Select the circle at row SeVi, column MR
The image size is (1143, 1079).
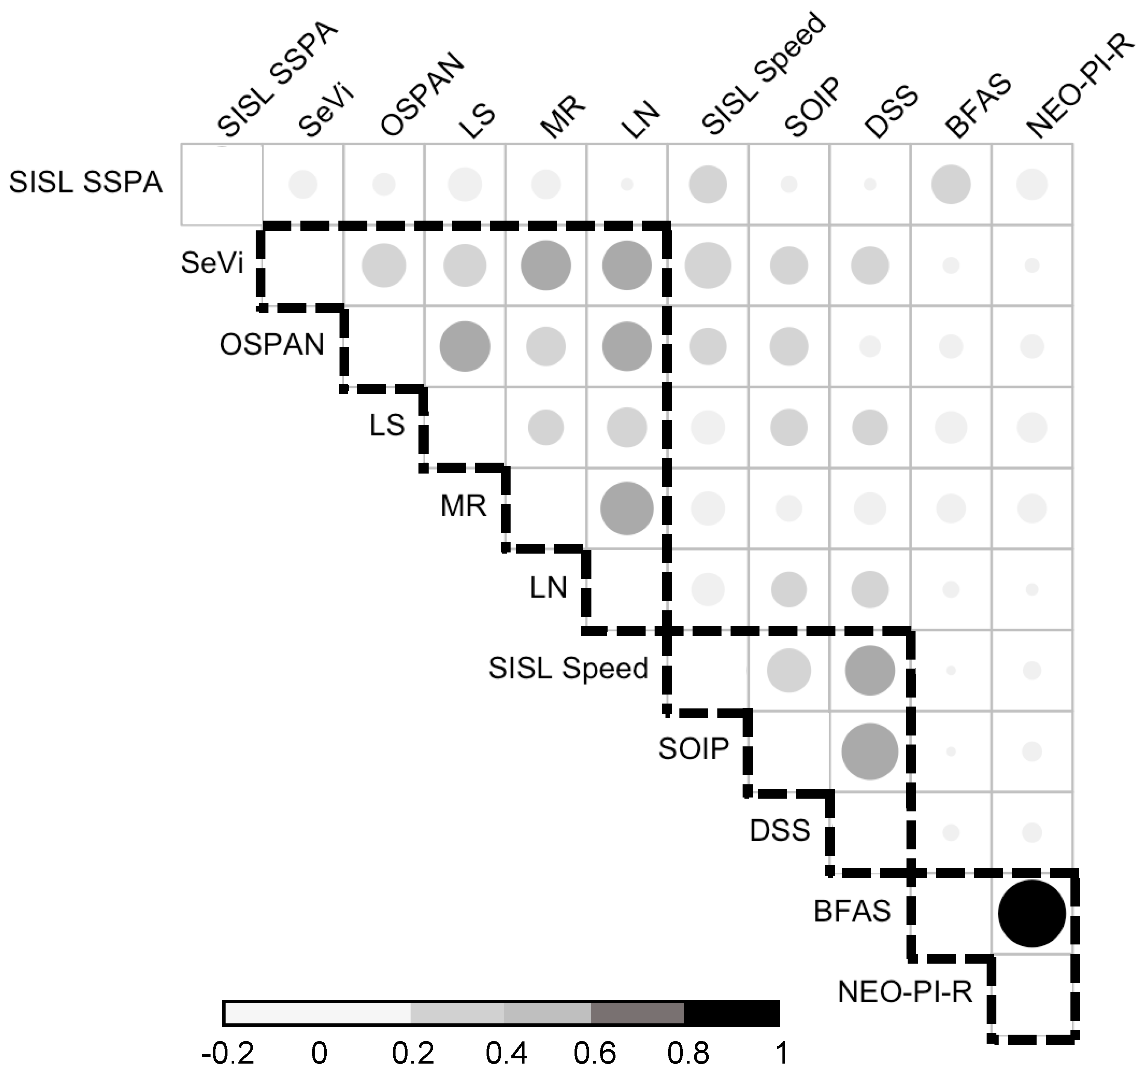546,265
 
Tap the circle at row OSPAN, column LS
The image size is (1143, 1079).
464,346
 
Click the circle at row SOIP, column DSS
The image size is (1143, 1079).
870,751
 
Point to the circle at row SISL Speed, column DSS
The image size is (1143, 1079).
870,670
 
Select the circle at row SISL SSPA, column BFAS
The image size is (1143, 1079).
951,184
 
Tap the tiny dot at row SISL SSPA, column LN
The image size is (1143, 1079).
627,184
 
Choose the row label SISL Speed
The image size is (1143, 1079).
568,668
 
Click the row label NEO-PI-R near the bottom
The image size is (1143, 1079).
905,992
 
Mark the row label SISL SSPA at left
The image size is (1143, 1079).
86,183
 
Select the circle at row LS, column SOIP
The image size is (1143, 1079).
788,427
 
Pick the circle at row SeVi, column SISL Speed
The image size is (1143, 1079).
708,265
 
